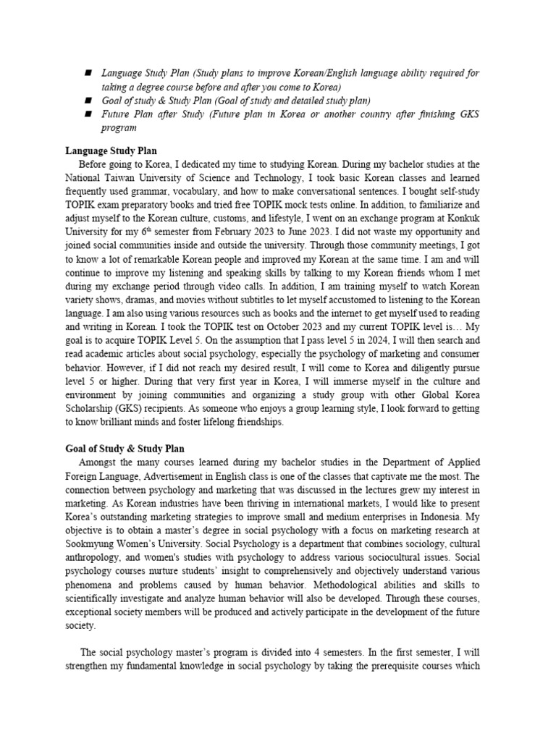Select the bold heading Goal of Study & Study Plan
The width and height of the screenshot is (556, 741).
(126, 449)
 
